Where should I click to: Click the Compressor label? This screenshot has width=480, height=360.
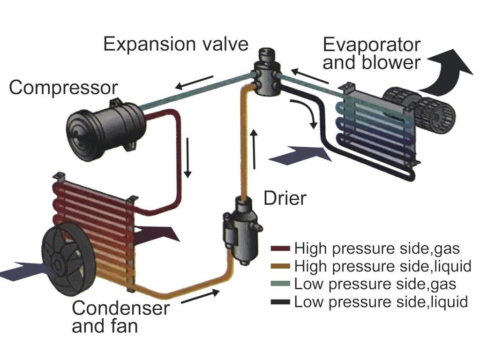63,88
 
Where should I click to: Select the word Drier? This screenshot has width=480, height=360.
285,198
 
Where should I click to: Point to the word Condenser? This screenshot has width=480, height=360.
120,308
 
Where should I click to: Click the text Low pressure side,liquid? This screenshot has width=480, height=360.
381,302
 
